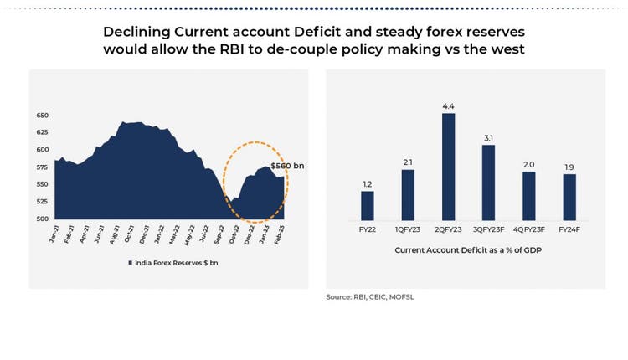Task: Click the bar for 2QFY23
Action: point(449,166)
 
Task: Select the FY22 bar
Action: point(368,204)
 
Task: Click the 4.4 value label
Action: point(449,107)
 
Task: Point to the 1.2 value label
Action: point(368,184)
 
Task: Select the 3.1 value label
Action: point(489,138)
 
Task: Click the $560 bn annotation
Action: point(287,166)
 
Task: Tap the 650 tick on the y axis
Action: point(43,116)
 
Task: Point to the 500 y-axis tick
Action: point(43,219)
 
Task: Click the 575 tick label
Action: point(43,167)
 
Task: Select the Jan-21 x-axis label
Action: point(53,234)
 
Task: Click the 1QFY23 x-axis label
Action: point(408,229)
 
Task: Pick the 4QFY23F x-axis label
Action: point(529,229)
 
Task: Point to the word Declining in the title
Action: point(136,32)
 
